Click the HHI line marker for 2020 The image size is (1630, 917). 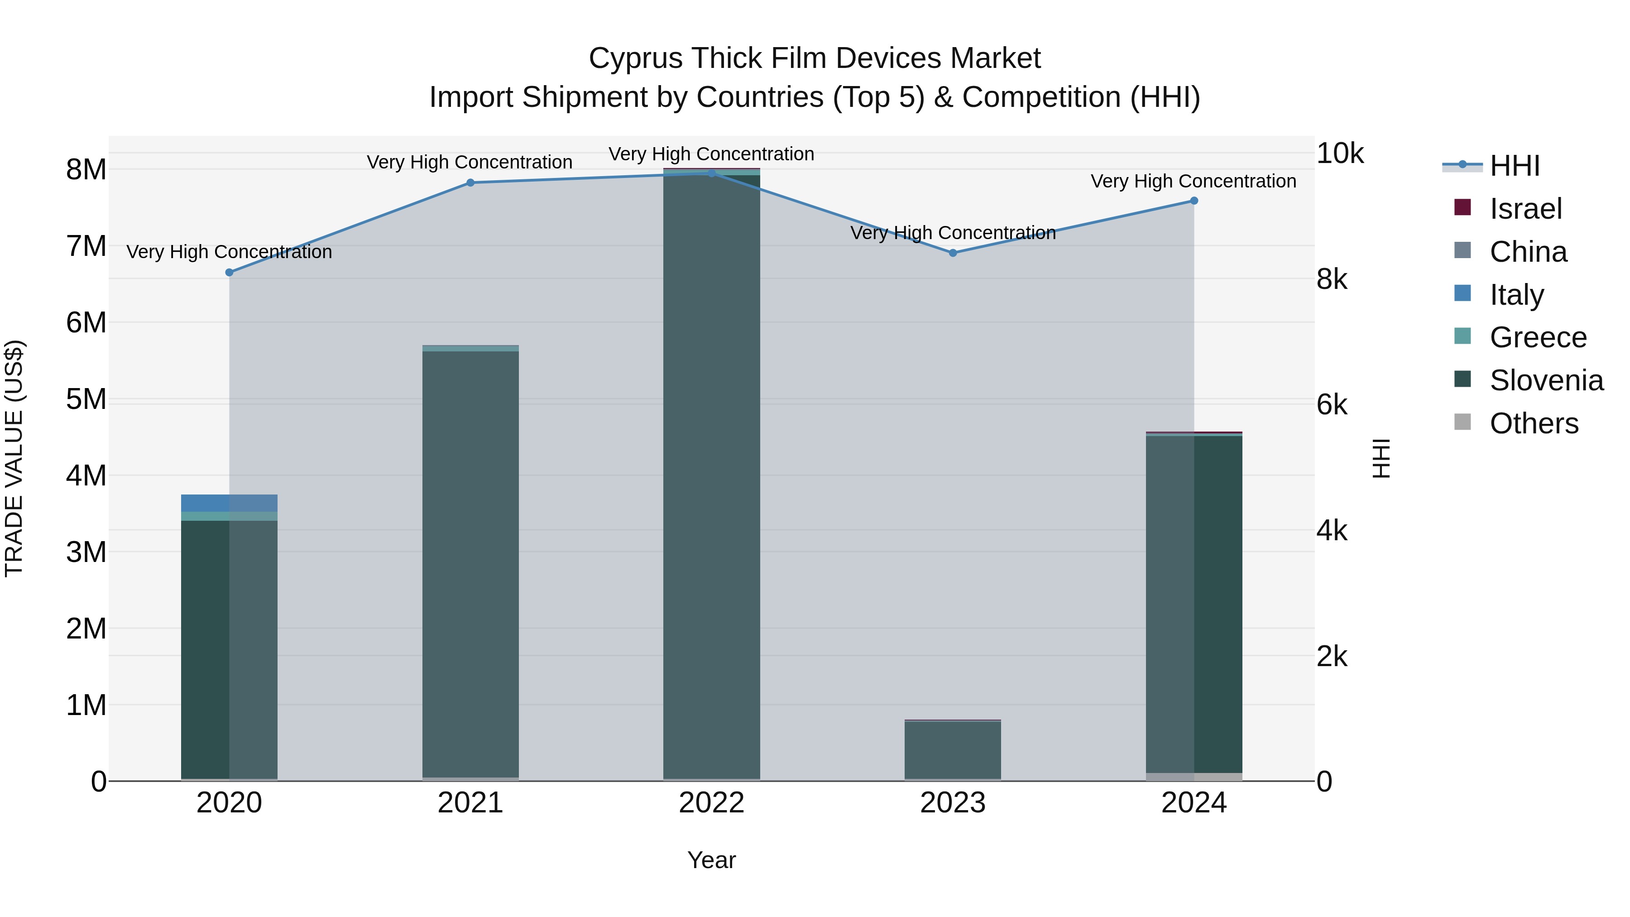[229, 272]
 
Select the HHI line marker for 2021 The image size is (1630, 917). [470, 183]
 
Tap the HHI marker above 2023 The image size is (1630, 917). [953, 253]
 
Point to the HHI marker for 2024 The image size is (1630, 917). [1194, 201]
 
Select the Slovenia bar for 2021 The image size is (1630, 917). [470, 563]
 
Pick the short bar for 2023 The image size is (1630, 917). [953, 750]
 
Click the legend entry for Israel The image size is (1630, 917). [1525, 209]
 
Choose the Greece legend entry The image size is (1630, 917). [1538, 337]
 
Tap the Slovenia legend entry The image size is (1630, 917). [1546, 380]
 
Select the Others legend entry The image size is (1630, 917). [1534, 423]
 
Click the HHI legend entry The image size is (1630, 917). [1514, 166]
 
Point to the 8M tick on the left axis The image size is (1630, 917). [86, 170]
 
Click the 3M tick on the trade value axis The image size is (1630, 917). [86, 552]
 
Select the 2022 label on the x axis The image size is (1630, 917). [711, 803]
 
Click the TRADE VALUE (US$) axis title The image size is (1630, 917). [14, 458]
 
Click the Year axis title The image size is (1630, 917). [711, 860]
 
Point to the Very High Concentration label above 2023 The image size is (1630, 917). [953, 233]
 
